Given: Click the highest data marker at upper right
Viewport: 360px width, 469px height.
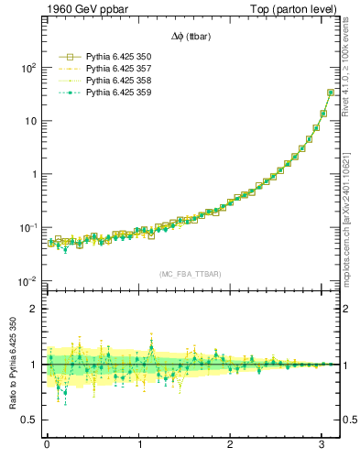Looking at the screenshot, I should point(331,93).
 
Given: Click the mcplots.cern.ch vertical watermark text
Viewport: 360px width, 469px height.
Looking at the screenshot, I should point(352,211).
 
